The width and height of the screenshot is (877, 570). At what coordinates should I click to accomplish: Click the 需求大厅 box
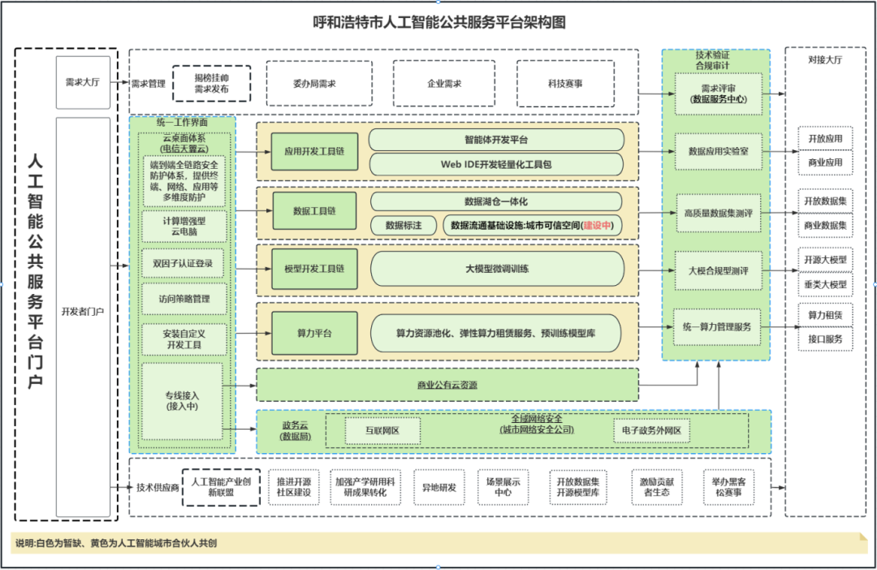point(82,82)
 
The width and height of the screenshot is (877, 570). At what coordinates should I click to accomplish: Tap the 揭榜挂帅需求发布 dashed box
point(211,83)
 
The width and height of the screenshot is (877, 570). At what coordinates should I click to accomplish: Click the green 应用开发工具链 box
point(314,151)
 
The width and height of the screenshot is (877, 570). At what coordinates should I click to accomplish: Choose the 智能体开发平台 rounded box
point(496,139)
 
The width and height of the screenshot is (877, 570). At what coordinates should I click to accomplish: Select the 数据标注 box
point(404,225)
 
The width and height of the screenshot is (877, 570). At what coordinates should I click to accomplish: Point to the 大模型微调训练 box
point(497,269)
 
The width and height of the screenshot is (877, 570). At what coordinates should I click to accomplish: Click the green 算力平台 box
point(314,333)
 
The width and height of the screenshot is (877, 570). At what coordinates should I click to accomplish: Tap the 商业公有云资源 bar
point(447,385)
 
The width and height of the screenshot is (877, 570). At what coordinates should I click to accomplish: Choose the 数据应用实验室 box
point(718,151)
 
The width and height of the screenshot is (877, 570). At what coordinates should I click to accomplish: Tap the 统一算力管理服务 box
point(718,327)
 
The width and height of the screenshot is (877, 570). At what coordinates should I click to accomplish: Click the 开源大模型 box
point(825,260)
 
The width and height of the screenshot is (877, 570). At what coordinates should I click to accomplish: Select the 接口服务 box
point(825,339)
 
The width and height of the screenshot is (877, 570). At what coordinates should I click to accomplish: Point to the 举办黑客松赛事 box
point(728,486)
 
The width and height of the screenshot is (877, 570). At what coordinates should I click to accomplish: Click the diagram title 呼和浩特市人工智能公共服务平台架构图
point(438,23)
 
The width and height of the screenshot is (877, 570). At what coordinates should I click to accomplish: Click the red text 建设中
point(597,225)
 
